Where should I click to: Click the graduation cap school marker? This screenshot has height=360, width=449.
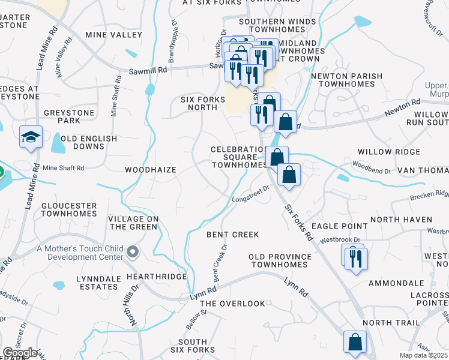click(29, 137)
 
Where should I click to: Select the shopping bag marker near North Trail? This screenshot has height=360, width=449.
click(355, 343)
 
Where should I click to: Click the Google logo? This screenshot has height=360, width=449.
click(20, 353)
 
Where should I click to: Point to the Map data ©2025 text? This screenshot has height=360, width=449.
click(423, 355)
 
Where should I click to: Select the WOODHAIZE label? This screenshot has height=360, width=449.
click(151, 170)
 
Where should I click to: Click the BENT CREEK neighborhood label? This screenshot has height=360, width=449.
click(232, 235)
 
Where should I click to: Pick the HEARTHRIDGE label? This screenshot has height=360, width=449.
click(150, 277)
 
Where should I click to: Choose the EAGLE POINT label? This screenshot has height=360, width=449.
click(340, 226)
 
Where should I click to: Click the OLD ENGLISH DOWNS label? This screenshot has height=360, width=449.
click(89, 142)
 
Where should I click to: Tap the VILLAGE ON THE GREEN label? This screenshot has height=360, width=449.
click(133, 223)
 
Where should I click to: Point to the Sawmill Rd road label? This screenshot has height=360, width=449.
click(147, 70)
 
